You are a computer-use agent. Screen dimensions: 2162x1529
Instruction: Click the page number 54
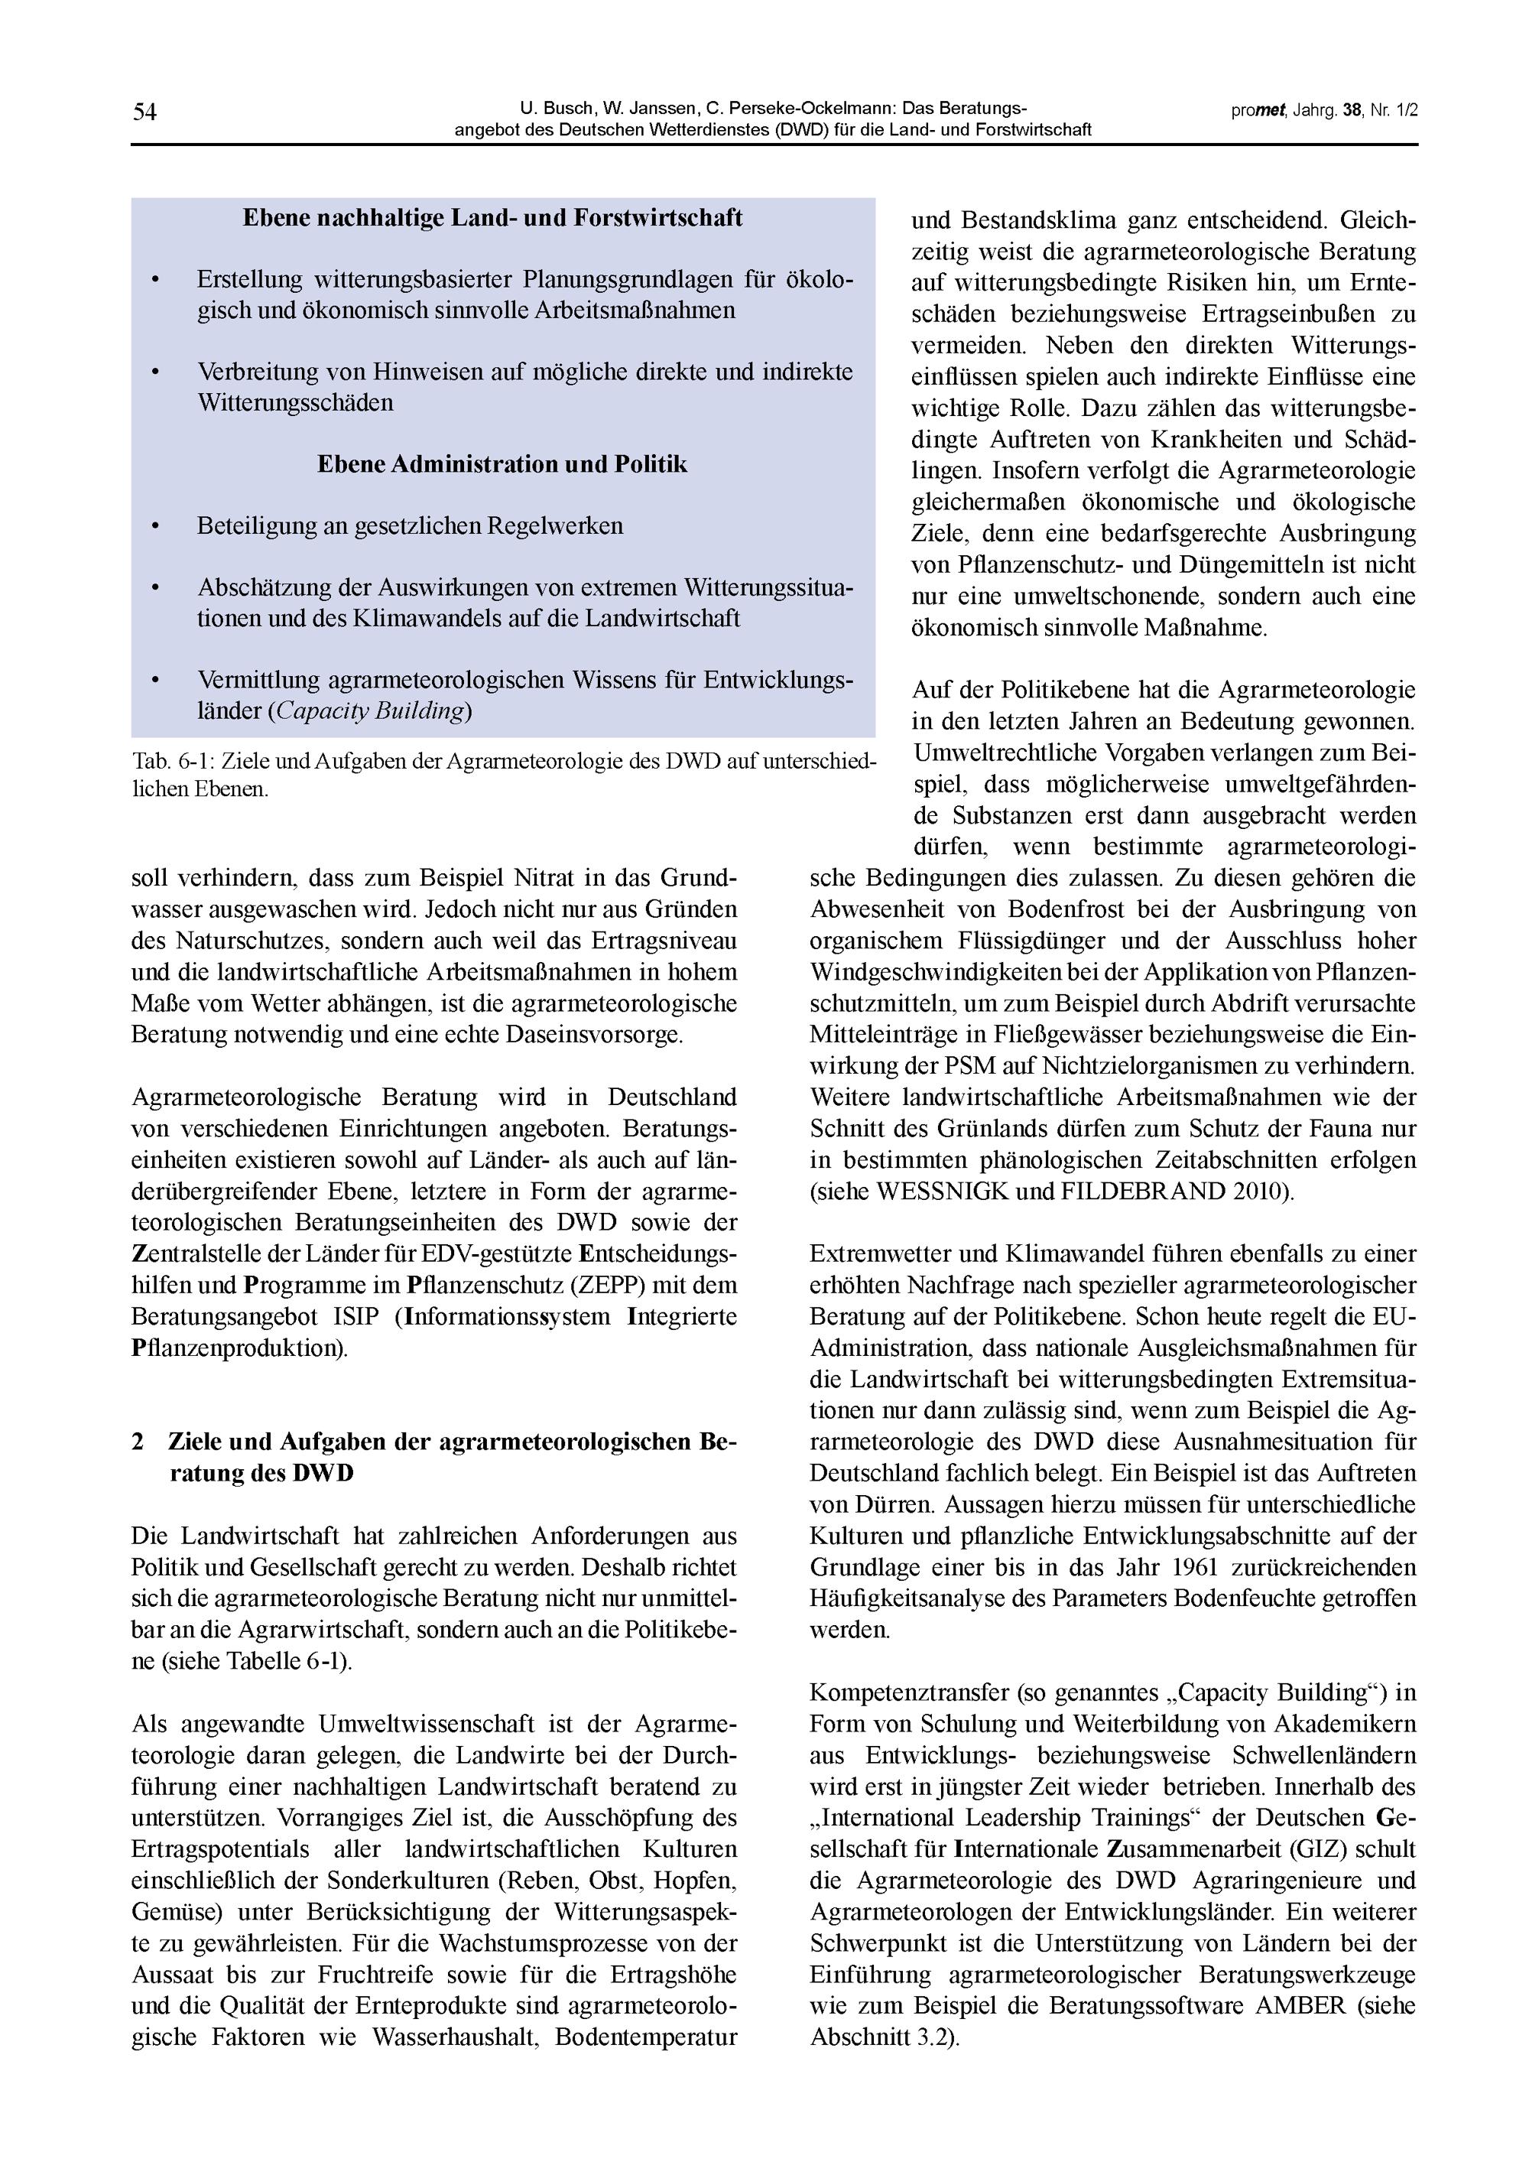(x=144, y=112)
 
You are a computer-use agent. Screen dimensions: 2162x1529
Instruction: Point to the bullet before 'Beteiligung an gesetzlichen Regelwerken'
(x=155, y=526)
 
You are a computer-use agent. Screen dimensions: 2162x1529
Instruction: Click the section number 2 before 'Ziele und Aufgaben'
(x=138, y=1442)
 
